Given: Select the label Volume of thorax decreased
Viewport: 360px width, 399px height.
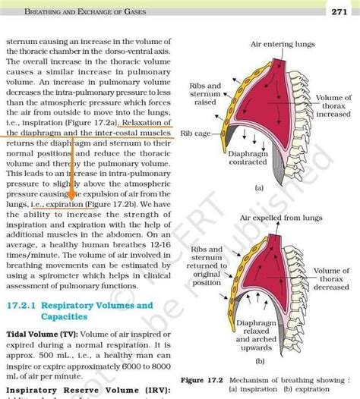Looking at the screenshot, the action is tap(331, 278).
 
